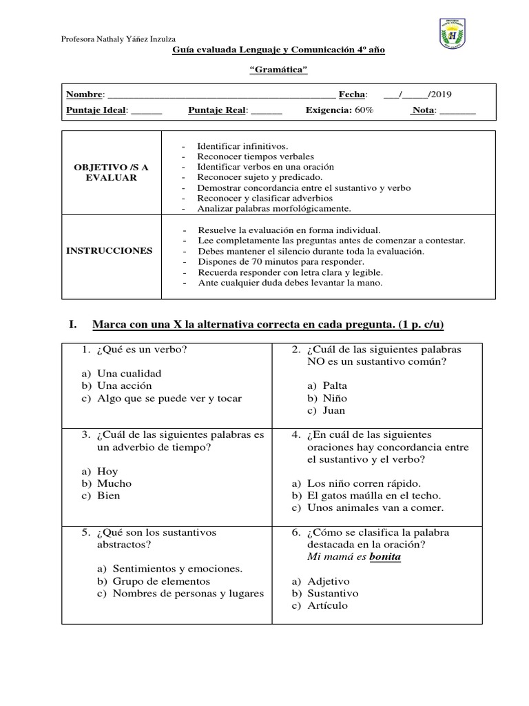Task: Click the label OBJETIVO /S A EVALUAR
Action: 112,172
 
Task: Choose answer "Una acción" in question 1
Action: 124,385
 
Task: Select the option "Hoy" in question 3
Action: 107,471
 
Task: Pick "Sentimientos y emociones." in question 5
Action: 177,569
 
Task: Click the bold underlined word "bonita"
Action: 385,557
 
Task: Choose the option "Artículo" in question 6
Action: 328,605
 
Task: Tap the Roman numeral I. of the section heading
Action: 71,324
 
